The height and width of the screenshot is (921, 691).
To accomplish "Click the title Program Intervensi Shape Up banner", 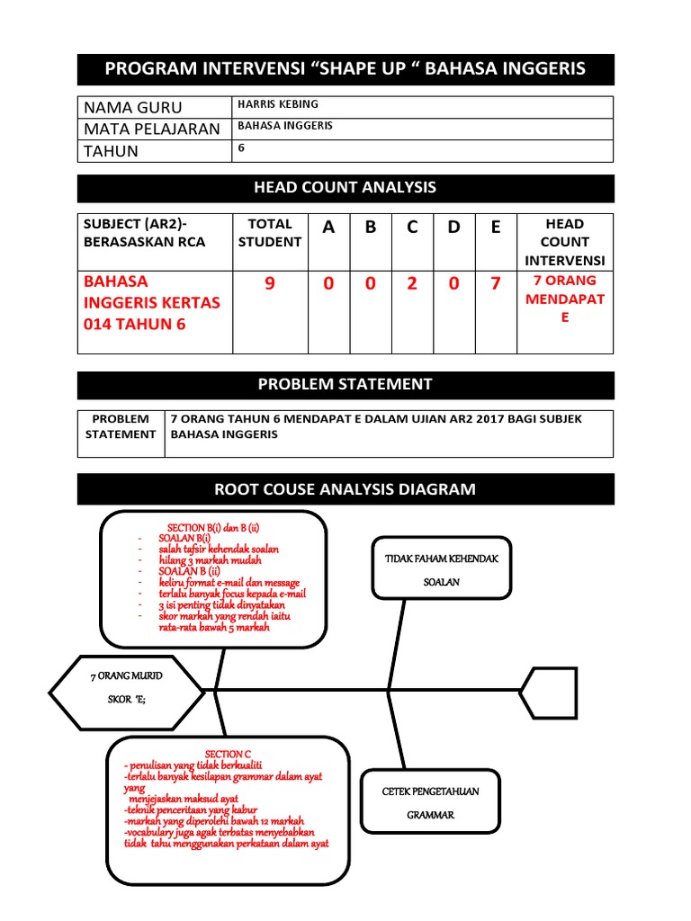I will pos(345,69).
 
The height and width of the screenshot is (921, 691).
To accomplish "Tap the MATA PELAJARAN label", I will pos(151,129).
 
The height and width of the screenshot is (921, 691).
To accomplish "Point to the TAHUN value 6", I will pos(241,148).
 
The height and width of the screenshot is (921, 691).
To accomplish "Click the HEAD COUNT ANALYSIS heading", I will pos(345,188).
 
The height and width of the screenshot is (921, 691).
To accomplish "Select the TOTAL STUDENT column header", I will pos(269,232).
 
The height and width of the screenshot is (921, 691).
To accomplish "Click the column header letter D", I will pos(453,228).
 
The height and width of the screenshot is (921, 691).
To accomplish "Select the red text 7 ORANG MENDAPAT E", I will pos(564,300).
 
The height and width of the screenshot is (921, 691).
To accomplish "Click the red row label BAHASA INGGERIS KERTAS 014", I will pos(151,303).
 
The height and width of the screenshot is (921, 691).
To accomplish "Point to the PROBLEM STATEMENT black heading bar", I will pos(345,385).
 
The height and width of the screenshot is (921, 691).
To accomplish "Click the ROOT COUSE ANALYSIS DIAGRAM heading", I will pos(345,489).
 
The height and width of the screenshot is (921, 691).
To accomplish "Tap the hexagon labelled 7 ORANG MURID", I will pos(127,690).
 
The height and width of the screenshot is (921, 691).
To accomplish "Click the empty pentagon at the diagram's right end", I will pos(544,691).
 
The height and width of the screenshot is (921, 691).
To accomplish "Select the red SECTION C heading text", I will pos(228,754).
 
